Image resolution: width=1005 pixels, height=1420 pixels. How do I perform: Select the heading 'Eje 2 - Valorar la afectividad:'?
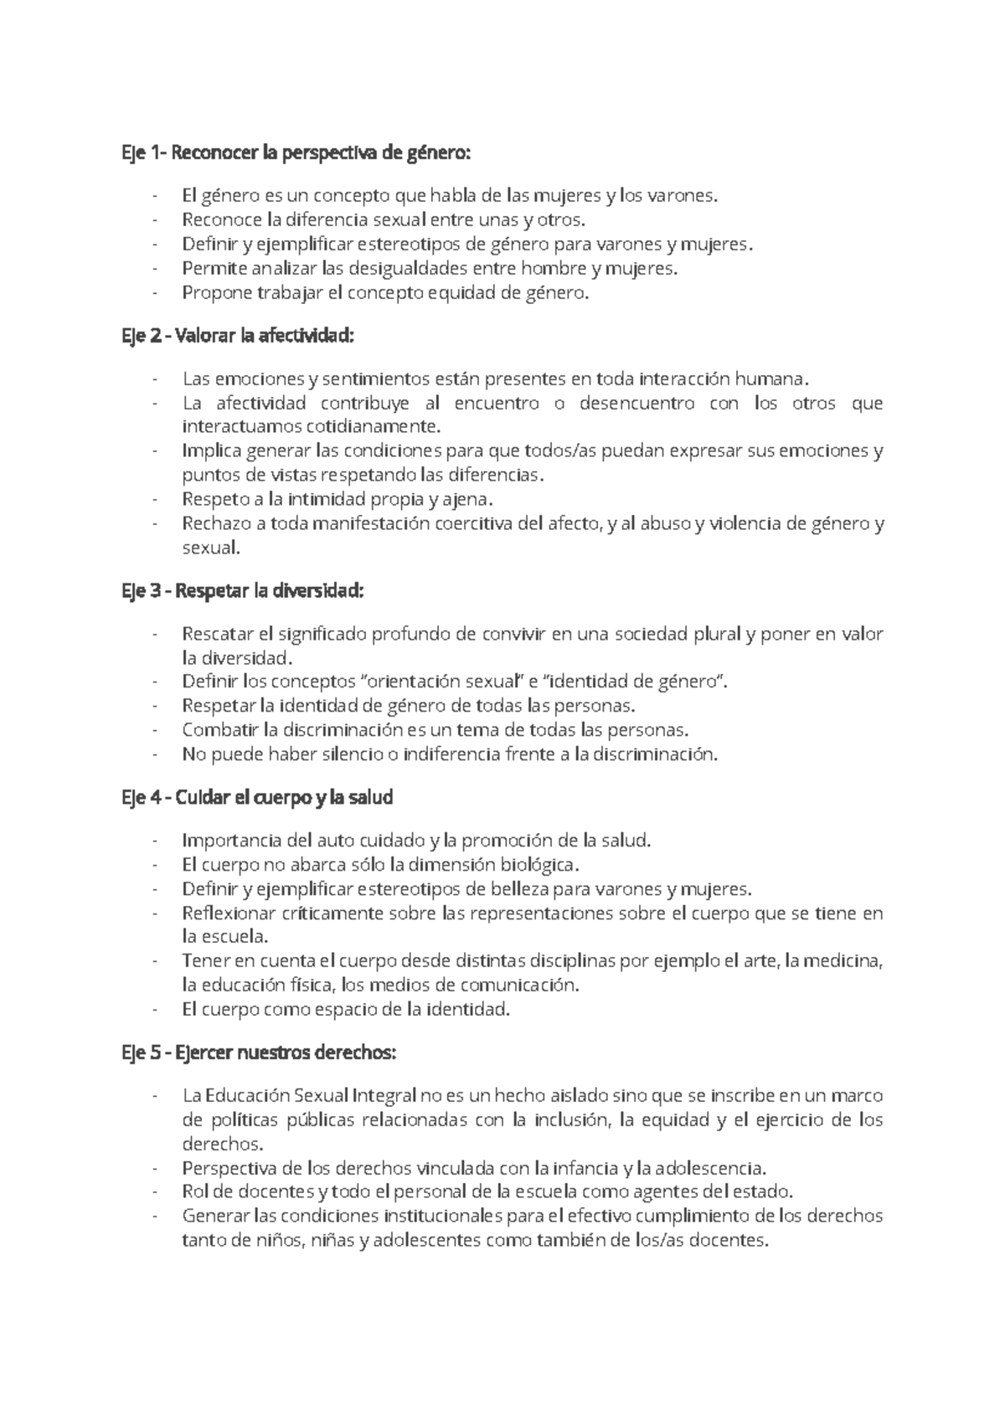pos(238,337)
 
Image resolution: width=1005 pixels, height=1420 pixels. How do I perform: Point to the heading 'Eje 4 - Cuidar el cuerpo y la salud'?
pos(257,797)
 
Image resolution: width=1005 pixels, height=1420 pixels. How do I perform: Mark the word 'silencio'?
pos(350,754)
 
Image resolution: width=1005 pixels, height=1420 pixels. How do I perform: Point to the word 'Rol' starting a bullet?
pos(193,1191)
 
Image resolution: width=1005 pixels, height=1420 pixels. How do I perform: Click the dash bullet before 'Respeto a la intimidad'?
pos(156,500)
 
